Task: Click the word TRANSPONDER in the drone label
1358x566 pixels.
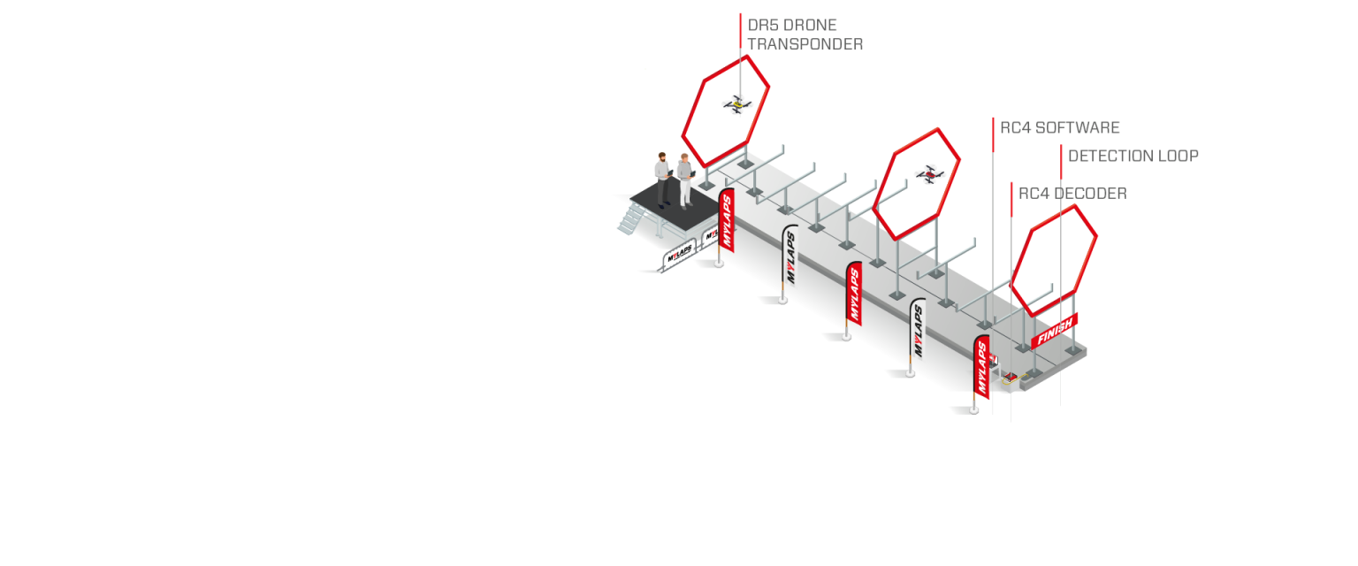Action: point(805,43)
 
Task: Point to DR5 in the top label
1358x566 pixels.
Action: point(763,25)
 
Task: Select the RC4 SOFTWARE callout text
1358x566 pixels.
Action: point(1060,127)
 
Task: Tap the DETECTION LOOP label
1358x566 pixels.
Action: point(1133,156)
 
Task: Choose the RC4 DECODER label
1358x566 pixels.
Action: point(1072,193)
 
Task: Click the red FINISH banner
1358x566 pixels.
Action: point(1054,331)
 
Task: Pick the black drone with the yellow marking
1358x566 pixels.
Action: point(736,104)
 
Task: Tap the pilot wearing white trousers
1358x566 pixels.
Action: point(684,179)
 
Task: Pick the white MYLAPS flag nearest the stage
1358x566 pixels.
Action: point(790,256)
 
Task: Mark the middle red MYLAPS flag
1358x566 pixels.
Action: point(853,294)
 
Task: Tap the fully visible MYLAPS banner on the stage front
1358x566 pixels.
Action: point(680,255)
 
